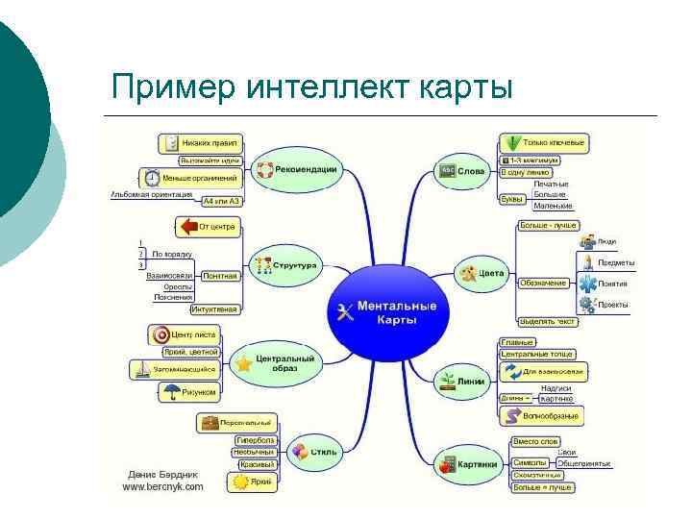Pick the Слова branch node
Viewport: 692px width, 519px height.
462,171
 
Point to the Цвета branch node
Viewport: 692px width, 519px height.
481,274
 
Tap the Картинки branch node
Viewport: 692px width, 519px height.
467,463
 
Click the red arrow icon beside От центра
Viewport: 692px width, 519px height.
185,227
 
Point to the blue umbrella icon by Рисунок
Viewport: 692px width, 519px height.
172,392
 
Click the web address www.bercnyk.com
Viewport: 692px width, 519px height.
162,487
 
